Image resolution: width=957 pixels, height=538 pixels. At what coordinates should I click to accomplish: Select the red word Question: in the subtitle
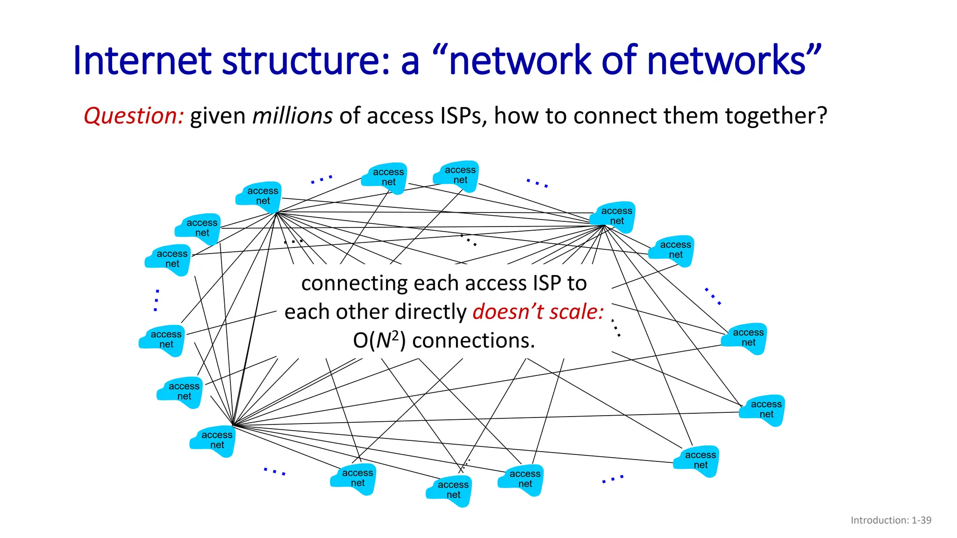(134, 116)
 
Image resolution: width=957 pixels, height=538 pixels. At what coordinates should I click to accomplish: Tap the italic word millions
(293, 116)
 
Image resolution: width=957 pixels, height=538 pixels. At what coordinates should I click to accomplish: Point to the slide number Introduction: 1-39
(891, 520)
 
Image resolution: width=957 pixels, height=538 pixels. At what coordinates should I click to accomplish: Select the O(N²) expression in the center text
(379, 340)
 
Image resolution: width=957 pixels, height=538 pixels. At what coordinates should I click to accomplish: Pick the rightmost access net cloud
(763, 410)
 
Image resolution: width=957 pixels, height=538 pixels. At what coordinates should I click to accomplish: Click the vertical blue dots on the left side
(157, 300)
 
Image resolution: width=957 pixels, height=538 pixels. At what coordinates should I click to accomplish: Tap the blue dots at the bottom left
(274, 471)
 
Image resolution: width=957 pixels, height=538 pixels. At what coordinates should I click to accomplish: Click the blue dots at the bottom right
(613, 479)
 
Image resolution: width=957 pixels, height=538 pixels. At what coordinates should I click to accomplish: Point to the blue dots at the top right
(537, 183)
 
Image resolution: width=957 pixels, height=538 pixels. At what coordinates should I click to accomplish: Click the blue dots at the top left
(321, 179)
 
